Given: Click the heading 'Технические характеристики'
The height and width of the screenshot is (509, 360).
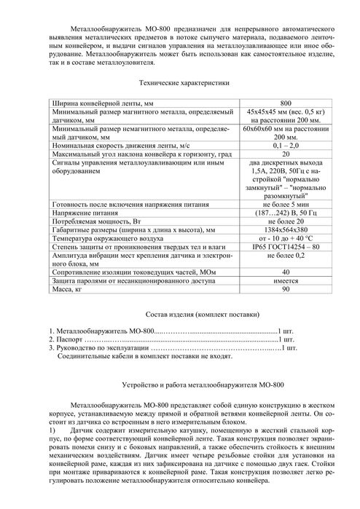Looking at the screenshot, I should tap(179, 85).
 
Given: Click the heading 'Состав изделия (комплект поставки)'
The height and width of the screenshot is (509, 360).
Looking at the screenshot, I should tap(179, 315).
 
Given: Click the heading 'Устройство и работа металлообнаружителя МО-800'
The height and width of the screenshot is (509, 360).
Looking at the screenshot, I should tap(179, 383).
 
